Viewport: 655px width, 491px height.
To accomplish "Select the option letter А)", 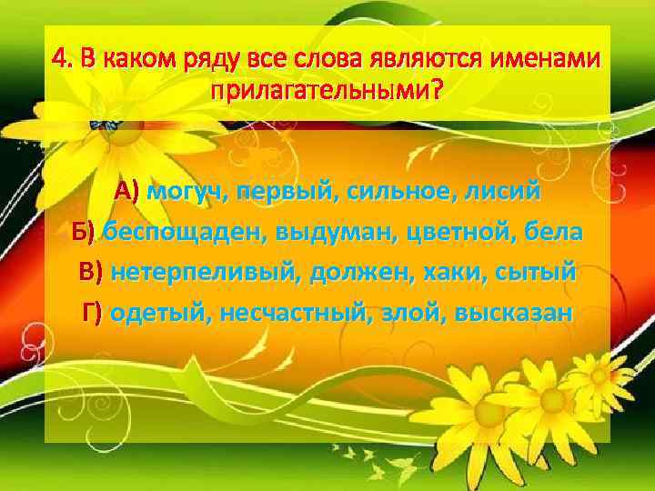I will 127,192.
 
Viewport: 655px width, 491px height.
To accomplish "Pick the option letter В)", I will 92,272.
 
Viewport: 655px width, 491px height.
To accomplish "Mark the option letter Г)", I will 94,313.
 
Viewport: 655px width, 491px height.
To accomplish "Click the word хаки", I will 460,272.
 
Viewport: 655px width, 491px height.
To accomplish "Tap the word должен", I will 363,272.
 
